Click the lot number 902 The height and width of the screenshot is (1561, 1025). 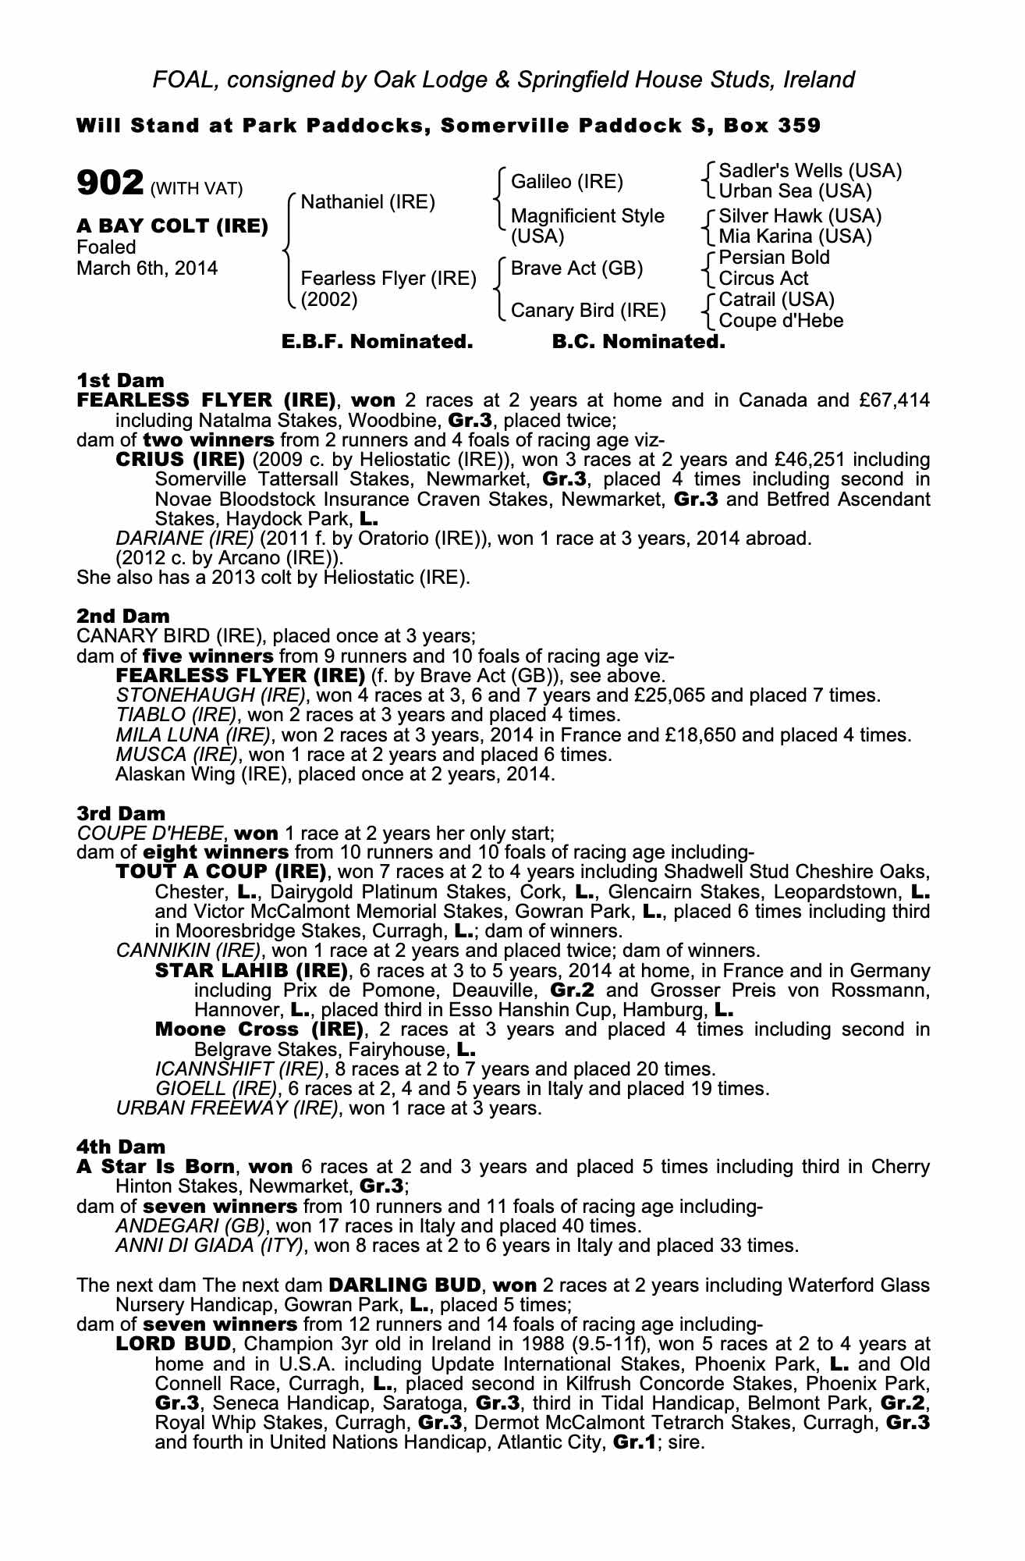tap(110, 184)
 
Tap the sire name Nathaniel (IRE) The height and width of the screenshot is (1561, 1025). tap(367, 202)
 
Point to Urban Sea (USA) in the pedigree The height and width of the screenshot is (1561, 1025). tap(795, 191)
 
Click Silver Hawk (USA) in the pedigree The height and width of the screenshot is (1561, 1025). tap(800, 215)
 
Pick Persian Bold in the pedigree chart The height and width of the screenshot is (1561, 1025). tap(774, 258)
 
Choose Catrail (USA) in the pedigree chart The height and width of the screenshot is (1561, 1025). tap(776, 300)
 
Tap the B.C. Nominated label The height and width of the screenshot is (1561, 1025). tap(638, 342)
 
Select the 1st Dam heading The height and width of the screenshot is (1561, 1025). tap(120, 380)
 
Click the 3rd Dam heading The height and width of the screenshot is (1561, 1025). tap(121, 813)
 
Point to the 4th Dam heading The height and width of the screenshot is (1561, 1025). tap(121, 1147)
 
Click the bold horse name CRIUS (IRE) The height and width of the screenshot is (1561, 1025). tap(180, 459)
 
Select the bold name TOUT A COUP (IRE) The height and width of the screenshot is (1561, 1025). tap(220, 871)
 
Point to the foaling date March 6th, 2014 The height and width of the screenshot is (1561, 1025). tap(147, 268)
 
